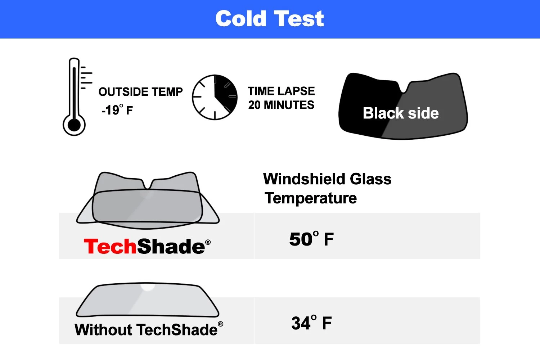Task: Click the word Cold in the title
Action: point(241,19)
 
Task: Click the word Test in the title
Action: point(298,19)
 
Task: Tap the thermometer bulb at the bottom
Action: point(74,125)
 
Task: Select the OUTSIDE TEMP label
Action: point(140,92)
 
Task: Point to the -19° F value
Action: point(117,110)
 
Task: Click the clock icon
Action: point(215,97)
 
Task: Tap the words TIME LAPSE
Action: point(281,91)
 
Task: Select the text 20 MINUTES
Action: point(281,105)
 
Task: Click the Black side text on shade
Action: point(401,113)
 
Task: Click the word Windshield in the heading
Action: point(304,179)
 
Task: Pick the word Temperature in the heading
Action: point(311,198)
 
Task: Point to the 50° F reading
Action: point(311,239)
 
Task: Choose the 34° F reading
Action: point(311,323)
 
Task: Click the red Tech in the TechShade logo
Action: point(110,247)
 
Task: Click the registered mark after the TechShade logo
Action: point(208,242)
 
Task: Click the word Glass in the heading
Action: point(370,179)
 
